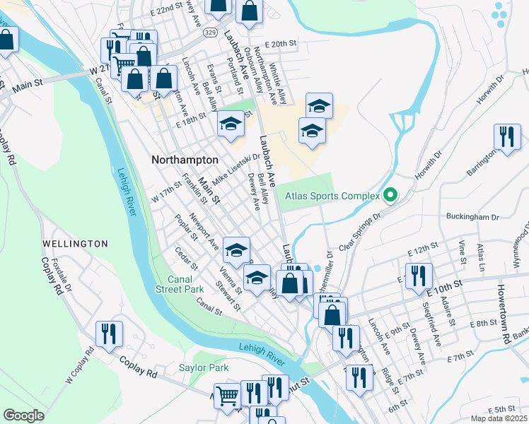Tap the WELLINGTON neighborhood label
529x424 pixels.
click(x=75, y=244)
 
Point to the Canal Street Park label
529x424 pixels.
click(x=180, y=284)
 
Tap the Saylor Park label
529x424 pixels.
click(x=204, y=368)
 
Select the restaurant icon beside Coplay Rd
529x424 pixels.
click(x=109, y=334)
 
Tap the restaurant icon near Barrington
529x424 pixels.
click(x=507, y=136)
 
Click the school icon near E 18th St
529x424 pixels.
click(x=231, y=124)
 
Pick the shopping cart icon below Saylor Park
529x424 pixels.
click(x=227, y=396)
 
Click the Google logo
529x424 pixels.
click(x=23, y=415)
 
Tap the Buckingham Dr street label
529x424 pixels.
click(x=472, y=217)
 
